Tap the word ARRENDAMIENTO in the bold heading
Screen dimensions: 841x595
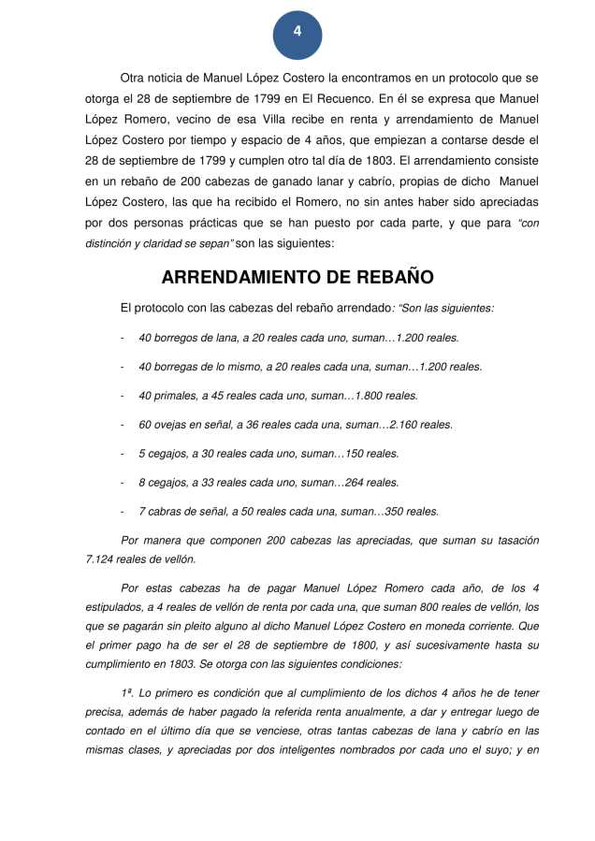(242, 278)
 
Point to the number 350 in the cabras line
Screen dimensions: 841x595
(398, 512)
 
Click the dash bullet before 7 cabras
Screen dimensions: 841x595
(123, 512)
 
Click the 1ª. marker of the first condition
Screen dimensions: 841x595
(130, 693)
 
